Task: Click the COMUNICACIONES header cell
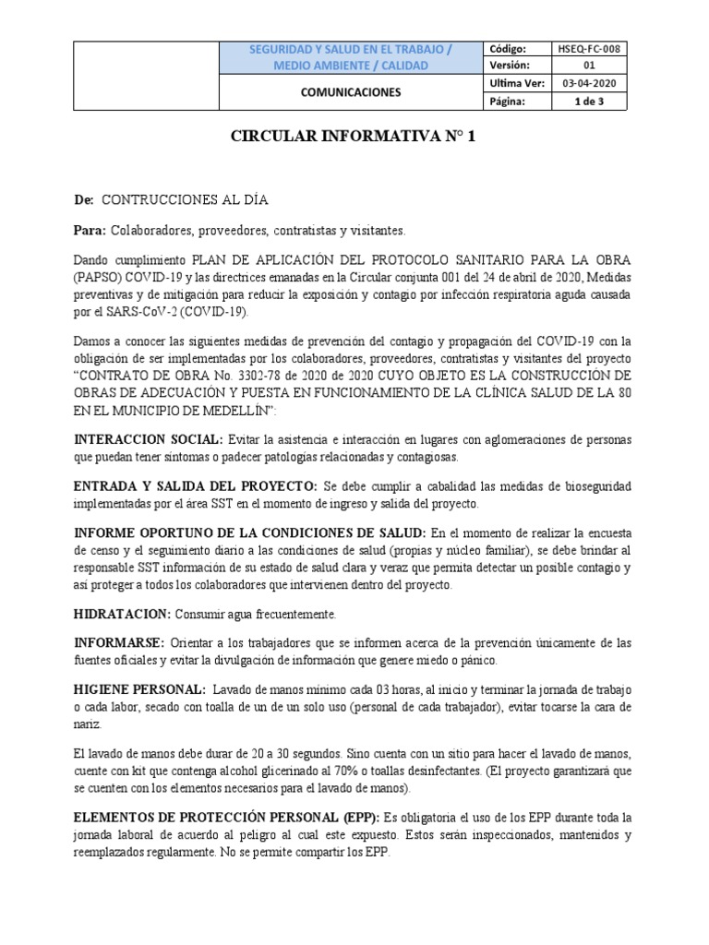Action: coord(352,92)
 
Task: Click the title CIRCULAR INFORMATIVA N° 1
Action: coord(354,138)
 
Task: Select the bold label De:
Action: coord(83,200)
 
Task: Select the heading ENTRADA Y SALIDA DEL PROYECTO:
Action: coord(195,485)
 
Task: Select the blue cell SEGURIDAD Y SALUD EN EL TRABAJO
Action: coord(352,49)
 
